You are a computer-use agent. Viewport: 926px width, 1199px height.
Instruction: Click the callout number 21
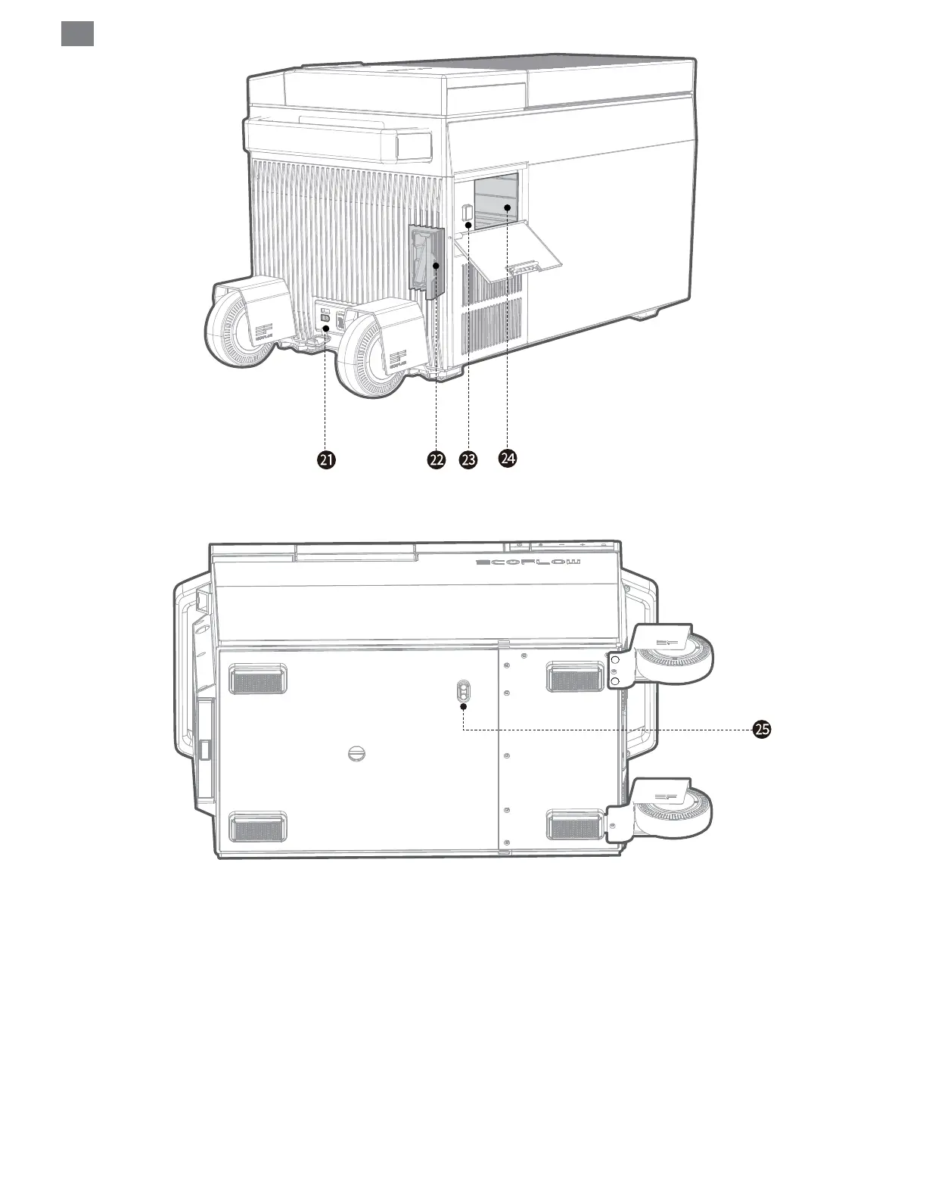click(326, 459)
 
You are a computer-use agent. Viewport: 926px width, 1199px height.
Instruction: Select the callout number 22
click(436, 459)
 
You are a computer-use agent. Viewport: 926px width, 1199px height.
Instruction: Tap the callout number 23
click(469, 459)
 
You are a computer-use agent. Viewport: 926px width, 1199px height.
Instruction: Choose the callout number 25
click(761, 729)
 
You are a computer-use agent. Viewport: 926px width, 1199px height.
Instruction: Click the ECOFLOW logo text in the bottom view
click(528, 562)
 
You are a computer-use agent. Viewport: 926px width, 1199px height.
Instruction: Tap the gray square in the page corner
click(77, 33)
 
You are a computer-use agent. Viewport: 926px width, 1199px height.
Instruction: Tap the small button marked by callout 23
click(468, 213)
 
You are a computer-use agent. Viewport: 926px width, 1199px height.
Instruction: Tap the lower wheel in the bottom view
click(674, 810)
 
